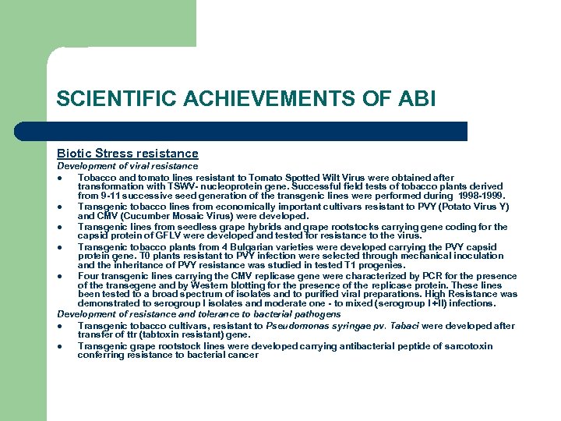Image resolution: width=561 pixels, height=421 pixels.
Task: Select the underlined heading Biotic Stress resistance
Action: pos(128,154)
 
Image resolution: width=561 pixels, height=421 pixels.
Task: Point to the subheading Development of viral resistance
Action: pos(128,166)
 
